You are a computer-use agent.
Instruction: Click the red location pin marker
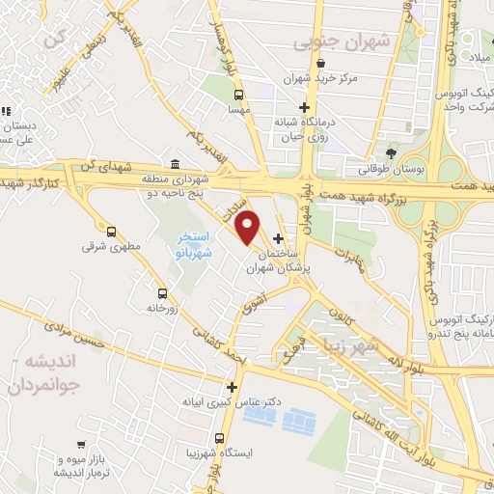tap(249, 227)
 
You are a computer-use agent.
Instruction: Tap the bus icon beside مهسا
tap(238, 95)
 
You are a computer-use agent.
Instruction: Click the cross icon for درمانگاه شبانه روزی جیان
tap(305, 107)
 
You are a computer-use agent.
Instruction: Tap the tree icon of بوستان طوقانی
tap(391, 152)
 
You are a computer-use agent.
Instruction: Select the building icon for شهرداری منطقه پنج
tap(175, 164)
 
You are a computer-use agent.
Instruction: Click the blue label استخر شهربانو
tap(195, 246)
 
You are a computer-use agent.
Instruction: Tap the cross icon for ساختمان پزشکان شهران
tap(279, 239)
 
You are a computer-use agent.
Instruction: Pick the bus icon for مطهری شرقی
tap(112, 232)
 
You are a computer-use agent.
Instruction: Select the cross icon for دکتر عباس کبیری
tap(231, 386)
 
